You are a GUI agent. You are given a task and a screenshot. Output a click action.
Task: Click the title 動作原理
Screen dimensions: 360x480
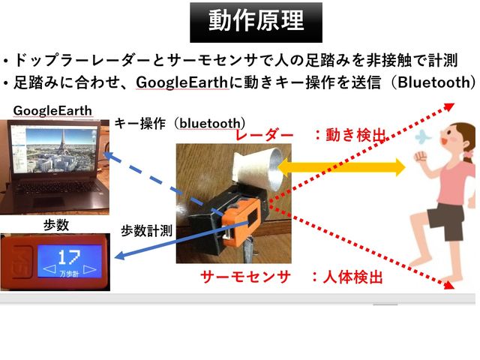256,22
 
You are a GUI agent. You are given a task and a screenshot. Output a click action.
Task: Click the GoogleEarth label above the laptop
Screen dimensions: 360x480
53,111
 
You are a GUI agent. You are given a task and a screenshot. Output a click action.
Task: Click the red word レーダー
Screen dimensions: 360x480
264,135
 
